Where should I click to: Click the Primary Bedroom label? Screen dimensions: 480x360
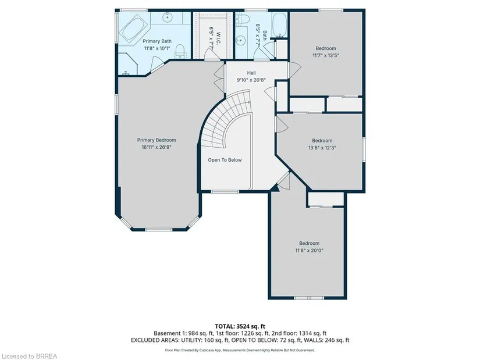tap(157, 140)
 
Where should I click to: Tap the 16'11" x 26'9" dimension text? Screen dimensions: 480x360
tap(157, 147)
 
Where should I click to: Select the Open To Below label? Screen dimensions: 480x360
tap(225, 160)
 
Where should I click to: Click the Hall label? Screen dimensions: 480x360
tap(251, 73)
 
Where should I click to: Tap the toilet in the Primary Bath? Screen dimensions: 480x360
tap(180, 51)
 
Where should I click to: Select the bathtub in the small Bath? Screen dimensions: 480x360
tap(279, 25)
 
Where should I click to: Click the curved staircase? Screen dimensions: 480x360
tap(227, 119)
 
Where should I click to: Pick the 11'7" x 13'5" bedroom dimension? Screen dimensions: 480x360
tap(326, 55)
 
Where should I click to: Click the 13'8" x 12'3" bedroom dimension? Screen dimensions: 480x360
tap(322, 148)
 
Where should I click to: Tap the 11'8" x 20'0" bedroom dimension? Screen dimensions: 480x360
tap(309, 251)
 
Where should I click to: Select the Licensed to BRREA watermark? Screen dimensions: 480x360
tap(29, 356)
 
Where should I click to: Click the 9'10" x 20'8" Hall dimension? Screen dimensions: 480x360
tap(251, 80)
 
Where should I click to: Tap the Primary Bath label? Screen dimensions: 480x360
tap(157, 41)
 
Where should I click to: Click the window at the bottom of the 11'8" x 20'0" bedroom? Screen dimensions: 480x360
tap(309, 298)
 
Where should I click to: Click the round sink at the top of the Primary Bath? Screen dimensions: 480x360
tap(168, 17)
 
